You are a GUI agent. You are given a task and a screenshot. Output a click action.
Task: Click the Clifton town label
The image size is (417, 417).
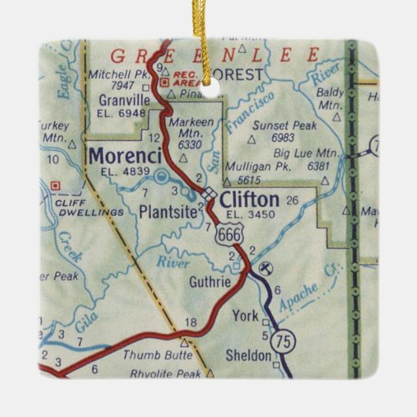coord(249,198)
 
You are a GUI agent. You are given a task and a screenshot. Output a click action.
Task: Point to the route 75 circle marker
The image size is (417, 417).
coord(281,340)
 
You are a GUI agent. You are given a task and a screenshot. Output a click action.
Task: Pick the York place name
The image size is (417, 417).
coord(245,317)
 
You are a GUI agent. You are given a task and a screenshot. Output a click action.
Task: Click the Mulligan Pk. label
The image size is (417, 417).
coord(254,167)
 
